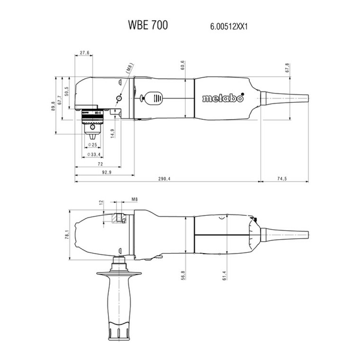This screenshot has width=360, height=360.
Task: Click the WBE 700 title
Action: coord(148,25)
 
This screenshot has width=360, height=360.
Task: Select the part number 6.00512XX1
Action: coord(229,27)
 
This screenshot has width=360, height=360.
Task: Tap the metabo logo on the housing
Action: coord(223,98)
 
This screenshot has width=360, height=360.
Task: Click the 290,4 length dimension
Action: coord(164,179)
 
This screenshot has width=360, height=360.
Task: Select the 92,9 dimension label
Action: coord(107,172)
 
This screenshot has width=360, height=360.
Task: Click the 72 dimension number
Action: coord(100,164)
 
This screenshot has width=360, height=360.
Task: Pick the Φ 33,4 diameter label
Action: coord(94,155)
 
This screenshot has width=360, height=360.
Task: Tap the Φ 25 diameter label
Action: coord(93,145)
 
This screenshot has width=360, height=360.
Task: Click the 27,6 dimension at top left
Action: coord(84,53)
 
